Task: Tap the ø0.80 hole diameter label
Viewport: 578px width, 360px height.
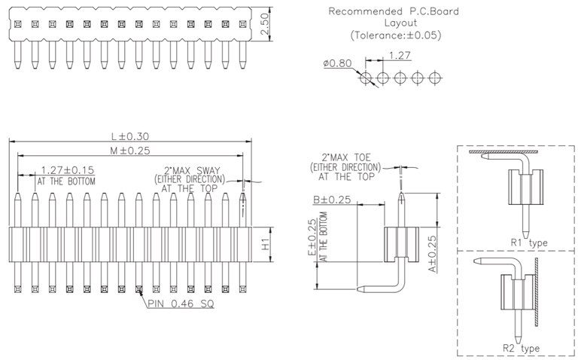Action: (337, 65)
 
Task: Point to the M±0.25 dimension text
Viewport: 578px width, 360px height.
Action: (128, 151)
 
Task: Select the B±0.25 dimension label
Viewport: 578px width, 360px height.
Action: (332, 200)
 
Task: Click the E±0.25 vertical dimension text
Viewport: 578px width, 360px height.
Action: (312, 239)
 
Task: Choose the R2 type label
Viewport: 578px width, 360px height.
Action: (521, 348)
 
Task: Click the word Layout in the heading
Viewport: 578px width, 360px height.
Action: (394, 23)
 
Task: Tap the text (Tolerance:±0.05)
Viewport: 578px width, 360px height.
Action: (395, 35)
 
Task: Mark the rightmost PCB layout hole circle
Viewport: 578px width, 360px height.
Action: (434, 77)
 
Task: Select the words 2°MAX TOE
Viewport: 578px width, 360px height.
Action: (345, 157)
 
